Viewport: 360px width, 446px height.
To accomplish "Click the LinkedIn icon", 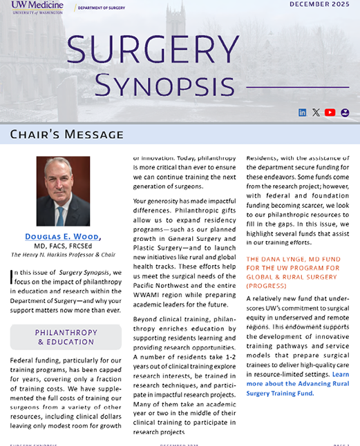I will coord(302,113).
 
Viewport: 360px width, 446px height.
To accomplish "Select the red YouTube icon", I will coord(330,113).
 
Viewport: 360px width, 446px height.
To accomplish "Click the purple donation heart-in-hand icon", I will coord(345,113).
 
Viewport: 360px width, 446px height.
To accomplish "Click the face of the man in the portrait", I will coord(62,177).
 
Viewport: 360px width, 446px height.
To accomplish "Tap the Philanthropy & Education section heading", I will coord(66,337).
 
